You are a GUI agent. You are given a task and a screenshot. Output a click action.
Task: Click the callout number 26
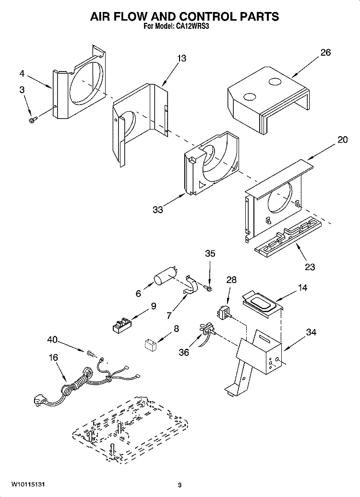(x=325, y=53)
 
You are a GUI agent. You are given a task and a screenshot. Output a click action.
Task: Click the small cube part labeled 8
(x=152, y=344)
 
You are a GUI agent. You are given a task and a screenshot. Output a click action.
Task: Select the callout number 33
(x=158, y=210)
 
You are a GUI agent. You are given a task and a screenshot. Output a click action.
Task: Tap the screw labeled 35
(x=209, y=288)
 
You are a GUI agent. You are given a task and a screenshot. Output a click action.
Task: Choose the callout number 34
(x=311, y=331)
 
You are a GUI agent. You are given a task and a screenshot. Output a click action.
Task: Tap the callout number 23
(x=310, y=267)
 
